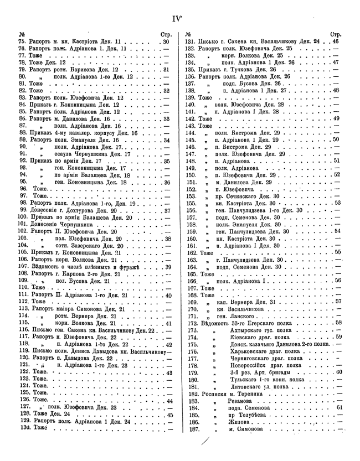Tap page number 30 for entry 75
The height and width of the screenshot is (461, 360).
coord(166,42)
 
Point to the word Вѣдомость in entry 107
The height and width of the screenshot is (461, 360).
coord(49,266)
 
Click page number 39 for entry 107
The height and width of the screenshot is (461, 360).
coord(168,267)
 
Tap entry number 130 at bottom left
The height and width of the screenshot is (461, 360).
coord(24,428)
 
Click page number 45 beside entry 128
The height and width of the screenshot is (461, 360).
coord(169,414)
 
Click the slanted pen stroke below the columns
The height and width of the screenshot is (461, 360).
coord(207,442)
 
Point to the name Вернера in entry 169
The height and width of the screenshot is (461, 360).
coord(255,302)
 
